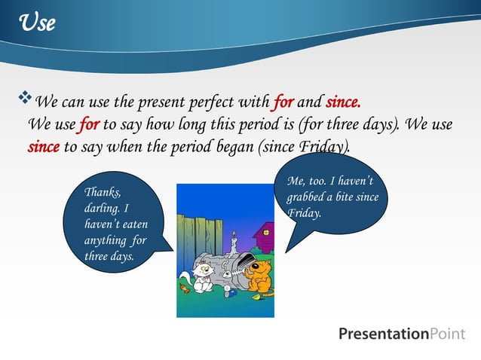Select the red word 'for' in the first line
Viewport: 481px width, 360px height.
(x=283, y=102)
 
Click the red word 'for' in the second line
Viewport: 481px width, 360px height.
(x=89, y=124)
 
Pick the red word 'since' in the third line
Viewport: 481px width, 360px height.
(x=43, y=146)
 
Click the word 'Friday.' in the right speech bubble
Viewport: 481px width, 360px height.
(x=305, y=213)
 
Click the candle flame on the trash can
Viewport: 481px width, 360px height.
(x=234, y=235)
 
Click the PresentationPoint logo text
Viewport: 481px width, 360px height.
(x=402, y=334)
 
